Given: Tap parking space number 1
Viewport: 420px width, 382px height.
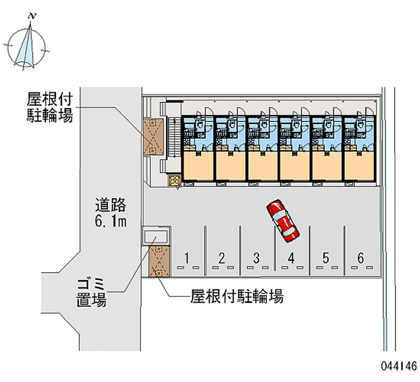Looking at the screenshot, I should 187,257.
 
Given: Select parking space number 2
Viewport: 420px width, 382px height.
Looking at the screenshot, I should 222,257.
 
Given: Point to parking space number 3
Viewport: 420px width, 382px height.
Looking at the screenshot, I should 257,257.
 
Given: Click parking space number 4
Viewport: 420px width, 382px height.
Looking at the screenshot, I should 291,257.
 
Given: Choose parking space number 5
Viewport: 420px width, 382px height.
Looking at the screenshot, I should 326,257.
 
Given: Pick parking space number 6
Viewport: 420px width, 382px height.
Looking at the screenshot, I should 361,257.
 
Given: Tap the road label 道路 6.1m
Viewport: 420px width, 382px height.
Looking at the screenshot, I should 111,212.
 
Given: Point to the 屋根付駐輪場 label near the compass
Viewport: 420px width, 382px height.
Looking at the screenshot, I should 50,107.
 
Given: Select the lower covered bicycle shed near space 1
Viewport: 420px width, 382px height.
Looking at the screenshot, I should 157,261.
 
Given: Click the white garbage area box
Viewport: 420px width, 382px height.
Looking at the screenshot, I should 156,236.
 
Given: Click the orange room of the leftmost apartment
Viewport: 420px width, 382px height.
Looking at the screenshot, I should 198,165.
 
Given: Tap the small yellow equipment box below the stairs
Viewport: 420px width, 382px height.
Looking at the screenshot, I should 175,180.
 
